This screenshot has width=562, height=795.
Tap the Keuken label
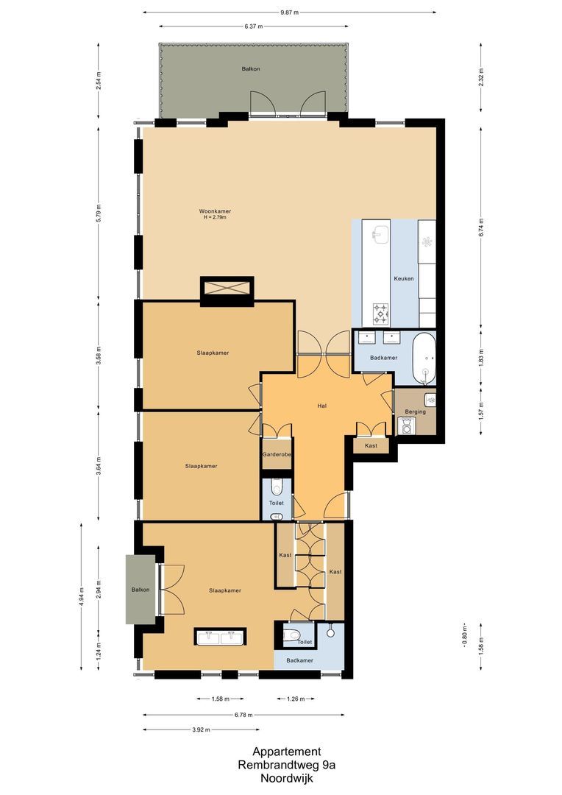point(404,279)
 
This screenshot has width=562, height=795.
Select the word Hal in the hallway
point(321,406)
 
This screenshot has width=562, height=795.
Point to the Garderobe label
point(277,455)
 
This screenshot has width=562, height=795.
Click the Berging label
point(415,411)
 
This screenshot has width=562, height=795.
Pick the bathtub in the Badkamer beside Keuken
point(424,358)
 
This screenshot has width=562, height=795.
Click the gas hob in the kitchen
point(380,314)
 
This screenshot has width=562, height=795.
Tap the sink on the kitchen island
point(380,236)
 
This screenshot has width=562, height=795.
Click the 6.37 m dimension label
point(255,27)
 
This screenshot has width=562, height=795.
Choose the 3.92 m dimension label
point(201,729)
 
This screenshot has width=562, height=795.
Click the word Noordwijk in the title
point(286,777)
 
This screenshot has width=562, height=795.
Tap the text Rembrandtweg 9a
point(286,765)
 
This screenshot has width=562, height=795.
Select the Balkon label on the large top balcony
point(251,69)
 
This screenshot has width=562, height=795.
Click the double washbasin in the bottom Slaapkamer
point(221,636)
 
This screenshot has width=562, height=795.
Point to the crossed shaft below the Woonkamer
point(227,289)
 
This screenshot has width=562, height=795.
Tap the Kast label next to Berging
point(371,446)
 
